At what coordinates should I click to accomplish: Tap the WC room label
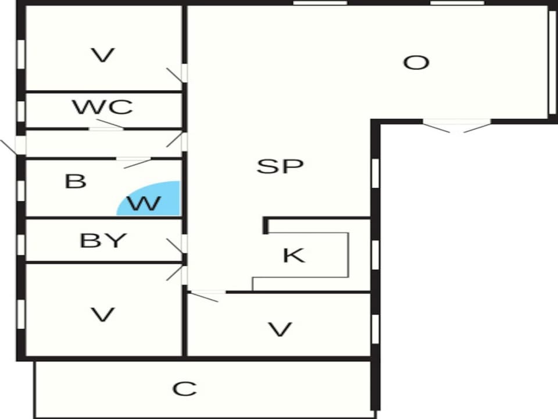(102, 107)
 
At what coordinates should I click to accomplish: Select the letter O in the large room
(416, 63)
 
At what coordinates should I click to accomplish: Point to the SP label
(280, 166)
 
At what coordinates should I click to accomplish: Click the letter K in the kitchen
(294, 255)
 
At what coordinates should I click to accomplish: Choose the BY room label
(103, 240)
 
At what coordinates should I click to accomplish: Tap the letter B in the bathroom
(76, 181)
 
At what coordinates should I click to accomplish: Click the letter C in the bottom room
(184, 389)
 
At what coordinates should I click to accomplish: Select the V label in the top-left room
(103, 56)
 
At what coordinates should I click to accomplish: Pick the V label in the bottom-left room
(103, 315)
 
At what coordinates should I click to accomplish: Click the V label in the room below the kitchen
(280, 329)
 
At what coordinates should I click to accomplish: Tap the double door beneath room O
(457, 126)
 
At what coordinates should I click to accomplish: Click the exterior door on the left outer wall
(13, 146)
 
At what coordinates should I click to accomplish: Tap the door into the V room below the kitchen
(206, 296)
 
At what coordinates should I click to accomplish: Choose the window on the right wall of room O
(553, 62)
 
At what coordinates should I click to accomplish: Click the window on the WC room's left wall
(21, 111)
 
